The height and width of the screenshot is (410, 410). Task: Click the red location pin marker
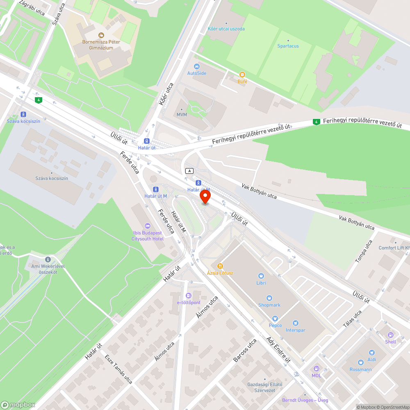pyautogui.click(x=205, y=196)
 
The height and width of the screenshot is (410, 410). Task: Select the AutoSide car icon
pyautogui.click(x=197, y=66)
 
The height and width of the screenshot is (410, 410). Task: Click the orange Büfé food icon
pyautogui.click(x=242, y=75)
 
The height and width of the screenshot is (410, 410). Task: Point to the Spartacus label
pyautogui.click(x=288, y=46)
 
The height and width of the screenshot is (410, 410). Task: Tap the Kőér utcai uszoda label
pyautogui.click(x=226, y=29)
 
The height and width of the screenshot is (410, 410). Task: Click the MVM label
pyautogui.click(x=182, y=114)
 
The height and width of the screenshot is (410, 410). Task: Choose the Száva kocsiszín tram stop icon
pyautogui.click(x=23, y=114)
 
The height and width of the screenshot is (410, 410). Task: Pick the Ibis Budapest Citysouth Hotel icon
pyautogui.click(x=147, y=226)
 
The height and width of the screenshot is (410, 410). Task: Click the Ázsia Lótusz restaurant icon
pyautogui.click(x=220, y=266)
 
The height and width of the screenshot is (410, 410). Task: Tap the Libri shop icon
pyautogui.click(x=261, y=276)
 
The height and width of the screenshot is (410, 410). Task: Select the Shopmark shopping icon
pyautogui.click(x=269, y=298)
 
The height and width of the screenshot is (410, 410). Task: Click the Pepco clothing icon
pyautogui.click(x=275, y=318)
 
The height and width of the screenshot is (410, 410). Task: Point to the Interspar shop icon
pyautogui.click(x=295, y=323)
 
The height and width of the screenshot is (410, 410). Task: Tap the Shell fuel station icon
pyautogui.click(x=390, y=335)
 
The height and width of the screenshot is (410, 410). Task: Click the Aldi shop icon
pyautogui.click(x=372, y=353)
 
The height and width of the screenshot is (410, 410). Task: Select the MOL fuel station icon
pyautogui.click(x=316, y=369)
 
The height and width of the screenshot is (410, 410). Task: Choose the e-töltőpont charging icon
pyautogui.click(x=189, y=296)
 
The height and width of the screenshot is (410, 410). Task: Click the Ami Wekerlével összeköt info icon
pyautogui.click(x=48, y=259)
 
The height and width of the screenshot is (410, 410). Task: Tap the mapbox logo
pyautogui.click(x=18, y=404)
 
